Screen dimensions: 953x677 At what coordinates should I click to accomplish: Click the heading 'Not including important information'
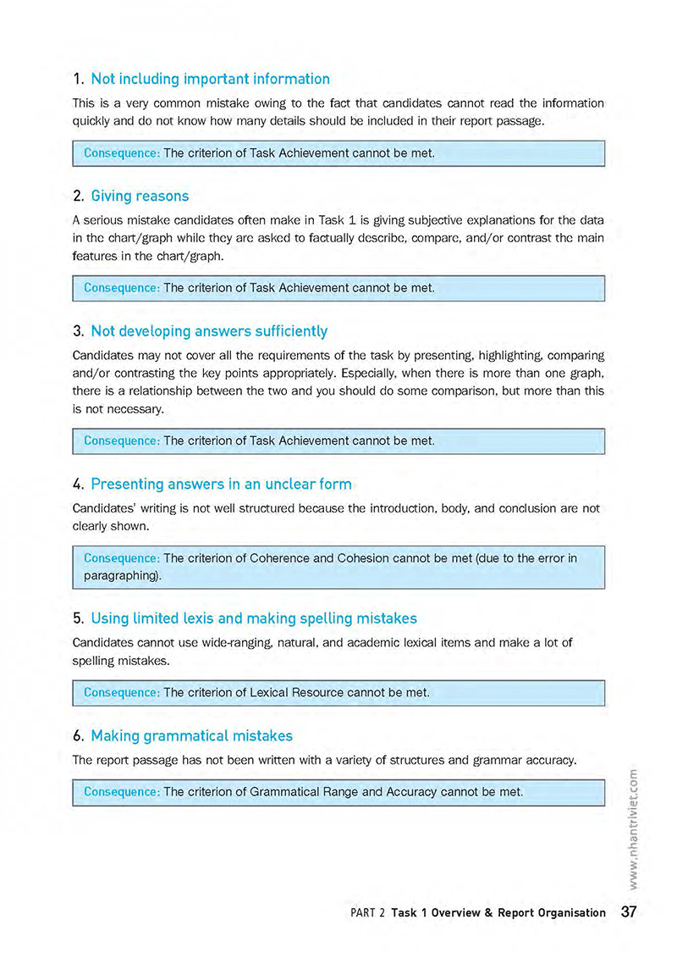click(x=210, y=79)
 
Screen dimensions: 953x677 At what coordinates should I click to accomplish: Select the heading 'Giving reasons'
click(x=140, y=196)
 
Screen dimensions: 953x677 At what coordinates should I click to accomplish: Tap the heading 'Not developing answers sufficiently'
click(x=209, y=330)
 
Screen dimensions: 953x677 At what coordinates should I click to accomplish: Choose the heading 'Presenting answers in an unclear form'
click(x=221, y=484)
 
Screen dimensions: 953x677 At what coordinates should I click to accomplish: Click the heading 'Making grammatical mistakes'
click(x=191, y=735)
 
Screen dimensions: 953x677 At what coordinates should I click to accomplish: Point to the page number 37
click(x=629, y=912)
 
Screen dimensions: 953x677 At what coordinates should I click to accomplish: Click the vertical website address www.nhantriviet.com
click(x=634, y=825)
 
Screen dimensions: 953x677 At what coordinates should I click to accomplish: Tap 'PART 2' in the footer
click(x=367, y=913)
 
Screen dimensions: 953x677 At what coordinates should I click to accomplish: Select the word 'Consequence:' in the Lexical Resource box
click(x=122, y=692)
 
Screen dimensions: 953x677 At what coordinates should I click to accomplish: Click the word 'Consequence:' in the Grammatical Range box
click(x=122, y=792)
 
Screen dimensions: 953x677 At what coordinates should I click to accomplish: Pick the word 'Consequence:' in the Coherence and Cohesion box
click(x=122, y=558)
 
